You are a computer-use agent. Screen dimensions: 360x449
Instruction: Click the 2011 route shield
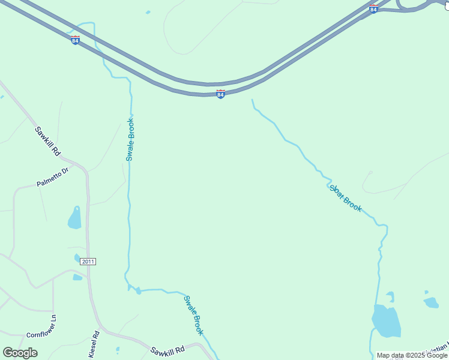click(x=88, y=262)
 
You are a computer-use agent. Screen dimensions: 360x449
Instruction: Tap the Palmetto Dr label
click(x=53, y=178)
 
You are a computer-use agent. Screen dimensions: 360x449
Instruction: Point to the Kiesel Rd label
click(x=94, y=345)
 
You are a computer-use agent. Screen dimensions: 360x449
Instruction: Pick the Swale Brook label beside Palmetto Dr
click(x=130, y=139)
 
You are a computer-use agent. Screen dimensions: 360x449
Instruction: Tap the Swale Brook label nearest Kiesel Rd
click(x=194, y=316)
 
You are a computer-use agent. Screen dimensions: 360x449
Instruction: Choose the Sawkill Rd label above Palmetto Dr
click(x=47, y=142)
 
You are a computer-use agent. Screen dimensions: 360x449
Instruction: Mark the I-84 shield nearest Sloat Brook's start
click(x=221, y=94)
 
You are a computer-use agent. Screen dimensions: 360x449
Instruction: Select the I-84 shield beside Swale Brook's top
click(x=75, y=40)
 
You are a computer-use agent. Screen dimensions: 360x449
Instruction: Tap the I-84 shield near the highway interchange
click(x=373, y=9)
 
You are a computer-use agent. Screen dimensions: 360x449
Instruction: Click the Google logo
click(x=20, y=353)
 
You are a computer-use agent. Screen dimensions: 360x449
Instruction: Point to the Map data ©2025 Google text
click(x=412, y=355)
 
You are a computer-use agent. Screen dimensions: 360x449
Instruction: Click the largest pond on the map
click(x=385, y=321)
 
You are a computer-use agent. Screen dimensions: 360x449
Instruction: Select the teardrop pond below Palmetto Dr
click(x=74, y=218)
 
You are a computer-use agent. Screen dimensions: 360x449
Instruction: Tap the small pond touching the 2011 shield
click(x=77, y=258)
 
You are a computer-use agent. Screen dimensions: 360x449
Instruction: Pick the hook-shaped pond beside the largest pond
click(x=391, y=296)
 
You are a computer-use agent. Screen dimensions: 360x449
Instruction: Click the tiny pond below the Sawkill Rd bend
click(x=117, y=349)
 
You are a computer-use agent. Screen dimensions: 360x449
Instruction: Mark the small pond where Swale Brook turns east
click(x=138, y=291)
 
